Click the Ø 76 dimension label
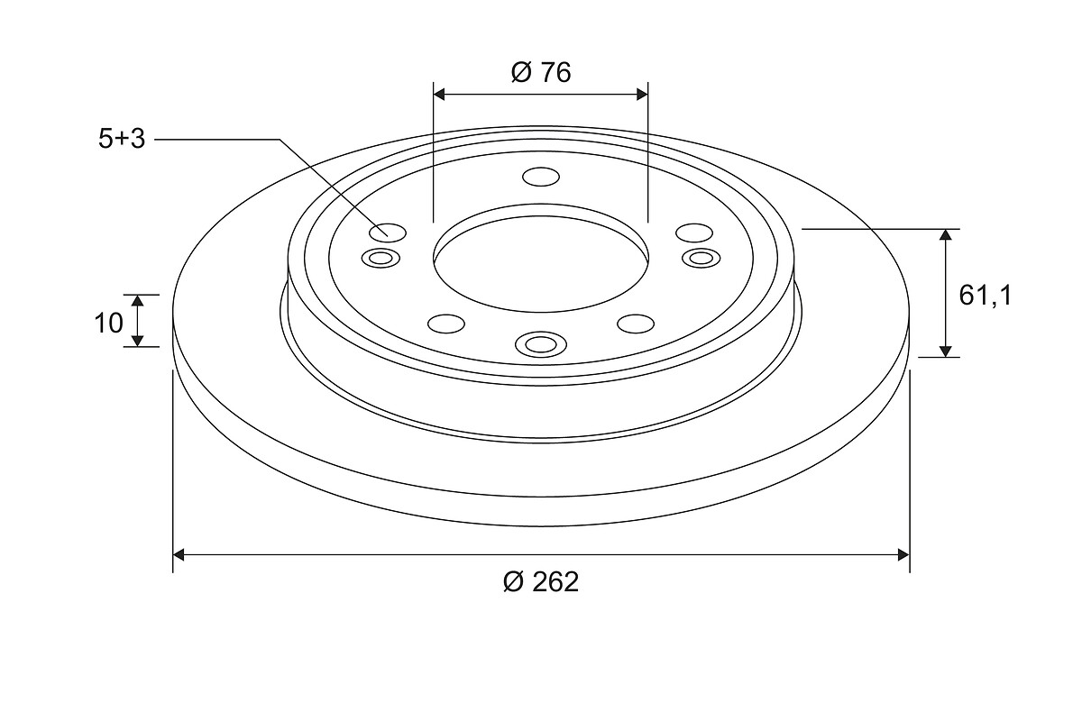tap(541, 72)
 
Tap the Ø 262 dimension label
tap(540, 582)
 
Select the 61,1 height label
tap(985, 295)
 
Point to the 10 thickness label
tap(109, 323)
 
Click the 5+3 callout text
tap(122, 139)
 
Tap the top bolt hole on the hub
tap(541, 177)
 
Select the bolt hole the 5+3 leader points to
tap(388, 233)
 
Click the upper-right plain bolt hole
tap(694, 233)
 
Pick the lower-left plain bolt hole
tap(446, 324)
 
